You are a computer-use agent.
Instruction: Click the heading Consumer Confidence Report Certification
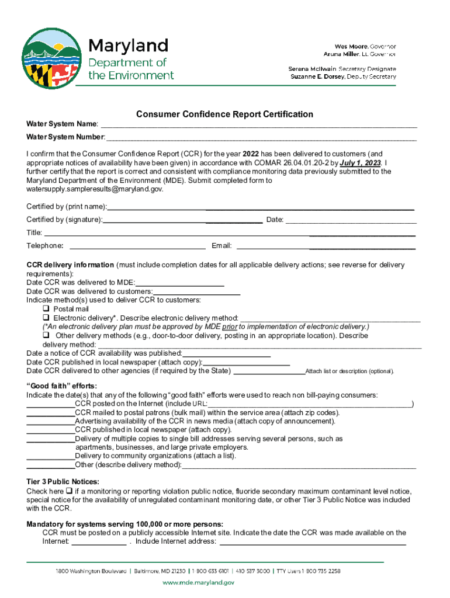click(x=224, y=114)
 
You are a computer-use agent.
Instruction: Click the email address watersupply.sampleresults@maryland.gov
click(x=95, y=189)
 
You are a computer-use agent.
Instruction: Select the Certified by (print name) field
click(x=261, y=208)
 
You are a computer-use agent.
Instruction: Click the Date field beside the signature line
click(x=351, y=221)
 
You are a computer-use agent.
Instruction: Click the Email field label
click(x=221, y=246)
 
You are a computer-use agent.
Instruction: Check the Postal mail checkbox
click(x=46, y=309)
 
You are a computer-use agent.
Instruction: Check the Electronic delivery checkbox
click(x=46, y=318)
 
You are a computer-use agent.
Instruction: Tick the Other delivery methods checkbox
click(x=46, y=336)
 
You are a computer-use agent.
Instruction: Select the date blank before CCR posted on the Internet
click(x=50, y=404)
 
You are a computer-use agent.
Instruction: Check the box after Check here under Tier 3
click(x=69, y=491)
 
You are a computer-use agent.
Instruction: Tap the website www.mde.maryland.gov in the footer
click(x=198, y=582)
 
